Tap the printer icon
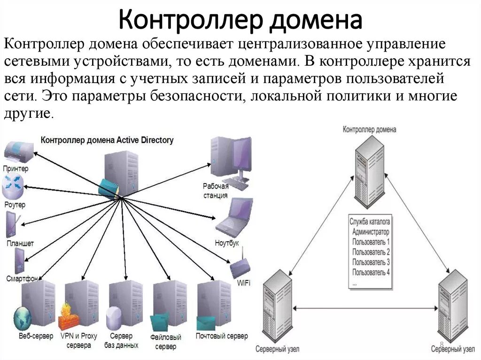point(19,152)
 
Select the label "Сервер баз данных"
point(121,341)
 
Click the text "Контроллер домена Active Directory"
point(107,140)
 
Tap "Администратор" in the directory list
point(371,232)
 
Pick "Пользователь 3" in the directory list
point(371,262)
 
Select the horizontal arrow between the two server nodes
point(365,308)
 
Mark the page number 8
point(442,344)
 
